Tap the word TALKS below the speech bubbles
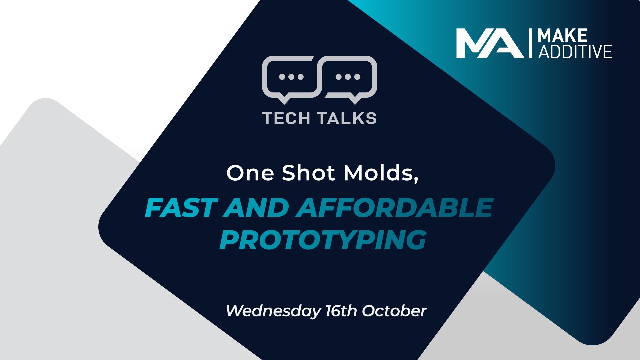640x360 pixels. coord(347,118)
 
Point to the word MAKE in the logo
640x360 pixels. coord(563,36)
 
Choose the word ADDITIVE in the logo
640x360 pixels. coord(575,52)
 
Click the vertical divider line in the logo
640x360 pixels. coord(530,43)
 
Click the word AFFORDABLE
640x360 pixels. coord(394,208)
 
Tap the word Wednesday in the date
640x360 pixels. coord(273,311)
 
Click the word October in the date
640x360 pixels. coord(394,311)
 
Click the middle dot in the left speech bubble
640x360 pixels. coord(291,77)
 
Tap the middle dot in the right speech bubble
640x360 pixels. coord(348,77)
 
